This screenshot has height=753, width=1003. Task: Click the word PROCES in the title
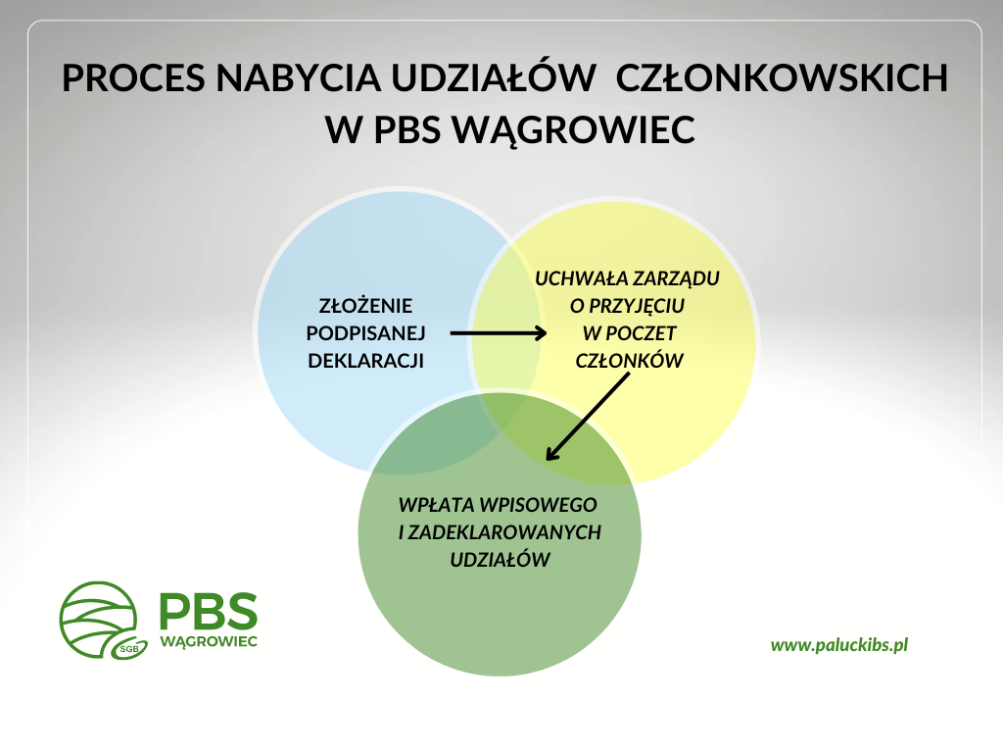133,78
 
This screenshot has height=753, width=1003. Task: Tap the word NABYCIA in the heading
299,78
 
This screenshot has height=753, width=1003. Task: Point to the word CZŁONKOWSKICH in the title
782,78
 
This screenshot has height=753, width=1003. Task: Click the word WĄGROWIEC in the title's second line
573,130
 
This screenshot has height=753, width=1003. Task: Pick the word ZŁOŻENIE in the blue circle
365,305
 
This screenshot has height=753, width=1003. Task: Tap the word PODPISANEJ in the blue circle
365,333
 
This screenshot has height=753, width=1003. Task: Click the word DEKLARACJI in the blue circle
365,361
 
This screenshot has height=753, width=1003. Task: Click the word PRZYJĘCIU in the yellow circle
636,307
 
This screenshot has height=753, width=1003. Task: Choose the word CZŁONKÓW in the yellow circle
630,360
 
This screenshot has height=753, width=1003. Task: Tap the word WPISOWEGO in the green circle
538,505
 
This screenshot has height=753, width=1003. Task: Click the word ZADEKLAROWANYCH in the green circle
504,532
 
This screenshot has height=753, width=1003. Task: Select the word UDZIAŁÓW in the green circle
501,559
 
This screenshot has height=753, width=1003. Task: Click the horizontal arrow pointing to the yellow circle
499,333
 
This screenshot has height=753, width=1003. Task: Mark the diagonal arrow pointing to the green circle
588,417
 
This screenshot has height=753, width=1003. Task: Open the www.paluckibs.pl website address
839,645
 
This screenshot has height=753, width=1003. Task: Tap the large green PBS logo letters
209,611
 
